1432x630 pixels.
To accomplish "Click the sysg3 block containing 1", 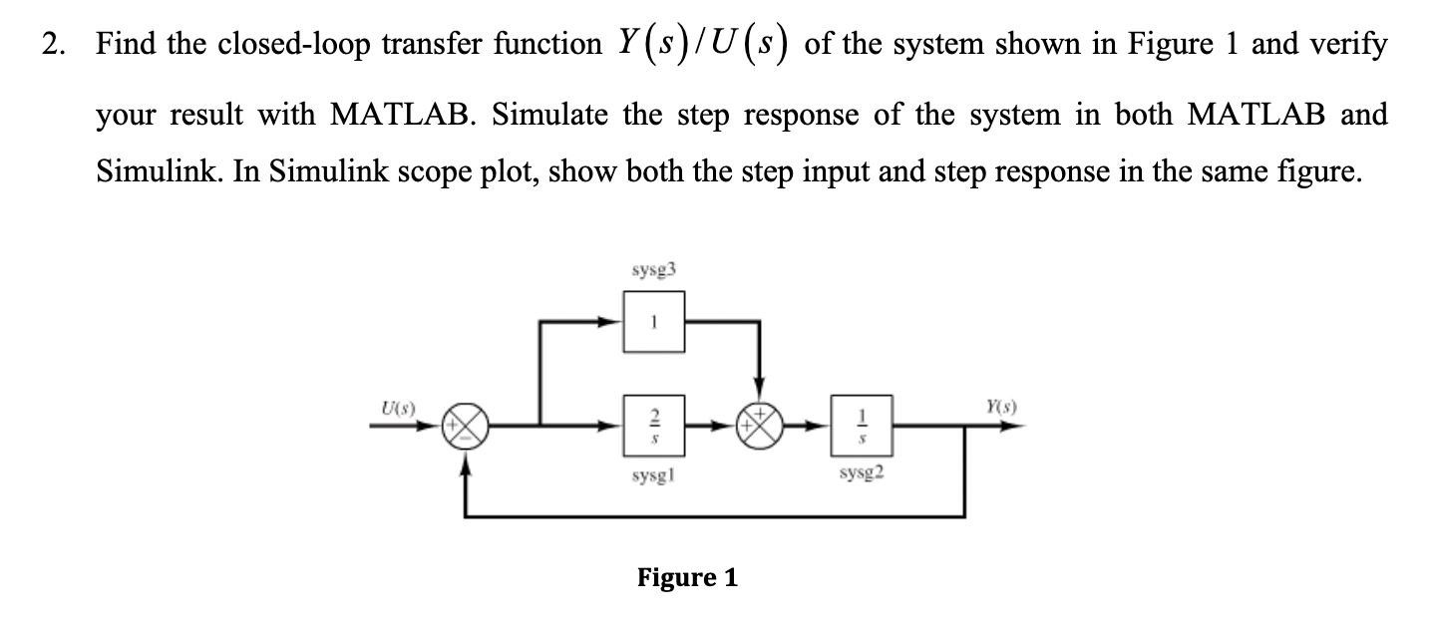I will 654,322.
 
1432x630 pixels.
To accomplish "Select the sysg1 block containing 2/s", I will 654,423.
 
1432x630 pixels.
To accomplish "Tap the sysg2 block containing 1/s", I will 863,423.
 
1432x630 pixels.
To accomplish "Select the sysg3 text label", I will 653,270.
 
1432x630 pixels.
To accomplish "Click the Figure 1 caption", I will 687,578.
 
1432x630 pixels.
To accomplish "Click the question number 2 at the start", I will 53,45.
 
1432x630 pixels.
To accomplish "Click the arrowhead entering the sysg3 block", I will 612,322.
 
